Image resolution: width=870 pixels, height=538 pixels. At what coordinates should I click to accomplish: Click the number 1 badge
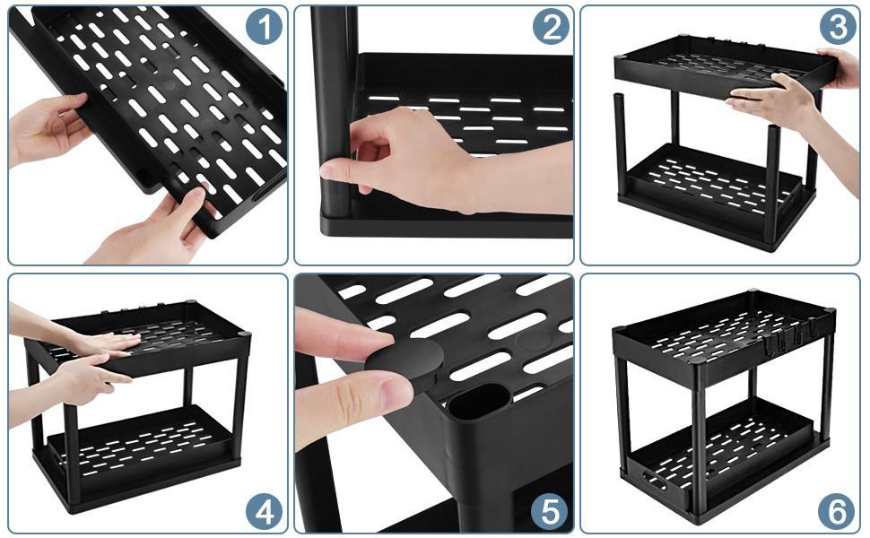(264, 27)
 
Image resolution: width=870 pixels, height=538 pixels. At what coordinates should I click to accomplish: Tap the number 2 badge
(550, 27)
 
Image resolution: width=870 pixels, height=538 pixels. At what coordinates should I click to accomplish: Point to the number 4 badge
(264, 512)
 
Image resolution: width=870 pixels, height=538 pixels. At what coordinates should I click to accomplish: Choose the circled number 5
(550, 512)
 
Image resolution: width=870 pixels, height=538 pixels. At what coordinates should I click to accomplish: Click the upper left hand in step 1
(49, 130)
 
